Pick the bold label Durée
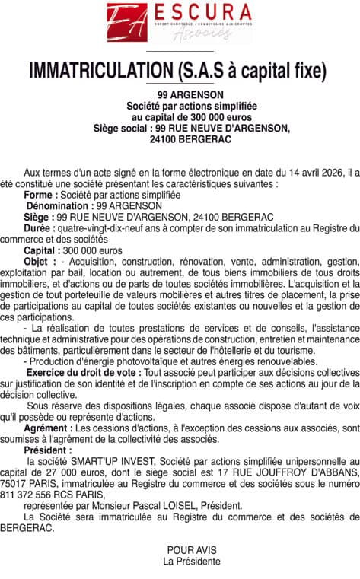pos(39,227)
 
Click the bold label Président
pos(48,450)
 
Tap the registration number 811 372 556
pos(50,494)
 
